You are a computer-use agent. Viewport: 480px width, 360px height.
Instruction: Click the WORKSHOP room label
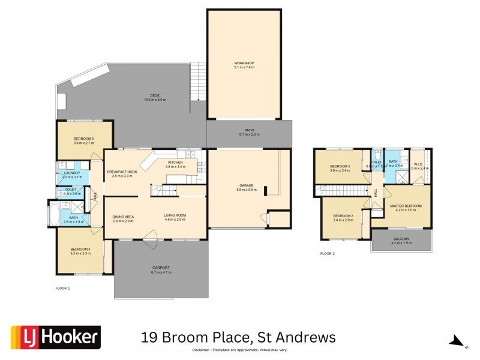(x=244, y=63)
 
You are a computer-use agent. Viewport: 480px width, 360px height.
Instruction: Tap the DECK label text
(x=155, y=96)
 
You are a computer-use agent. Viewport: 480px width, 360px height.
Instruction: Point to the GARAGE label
(x=248, y=186)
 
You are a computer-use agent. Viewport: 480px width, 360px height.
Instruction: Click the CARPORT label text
(x=161, y=268)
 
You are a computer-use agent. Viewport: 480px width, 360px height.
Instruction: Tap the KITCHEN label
(x=176, y=163)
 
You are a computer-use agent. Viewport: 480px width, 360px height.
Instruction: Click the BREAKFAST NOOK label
(x=122, y=172)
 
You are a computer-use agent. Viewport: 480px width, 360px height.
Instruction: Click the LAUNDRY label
(x=71, y=173)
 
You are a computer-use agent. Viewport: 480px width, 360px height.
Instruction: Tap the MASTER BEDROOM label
(x=406, y=206)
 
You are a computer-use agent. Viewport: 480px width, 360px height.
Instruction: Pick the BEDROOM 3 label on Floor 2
(x=340, y=166)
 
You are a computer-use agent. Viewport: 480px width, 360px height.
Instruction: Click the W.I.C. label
(x=419, y=164)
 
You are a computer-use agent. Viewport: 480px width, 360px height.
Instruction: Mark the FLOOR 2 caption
(x=327, y=254)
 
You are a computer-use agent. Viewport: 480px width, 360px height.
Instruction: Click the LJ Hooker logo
(x=56, y=337)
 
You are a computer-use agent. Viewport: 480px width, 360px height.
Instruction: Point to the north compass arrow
(x=457, y=341)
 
